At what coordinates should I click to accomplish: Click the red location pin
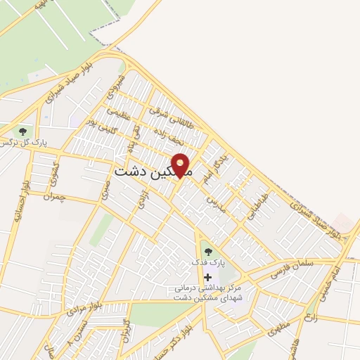click(x=181, y=165)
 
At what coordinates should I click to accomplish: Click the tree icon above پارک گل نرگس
click(x=23, y=131)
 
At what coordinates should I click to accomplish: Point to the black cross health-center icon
click(x=207, y=276)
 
